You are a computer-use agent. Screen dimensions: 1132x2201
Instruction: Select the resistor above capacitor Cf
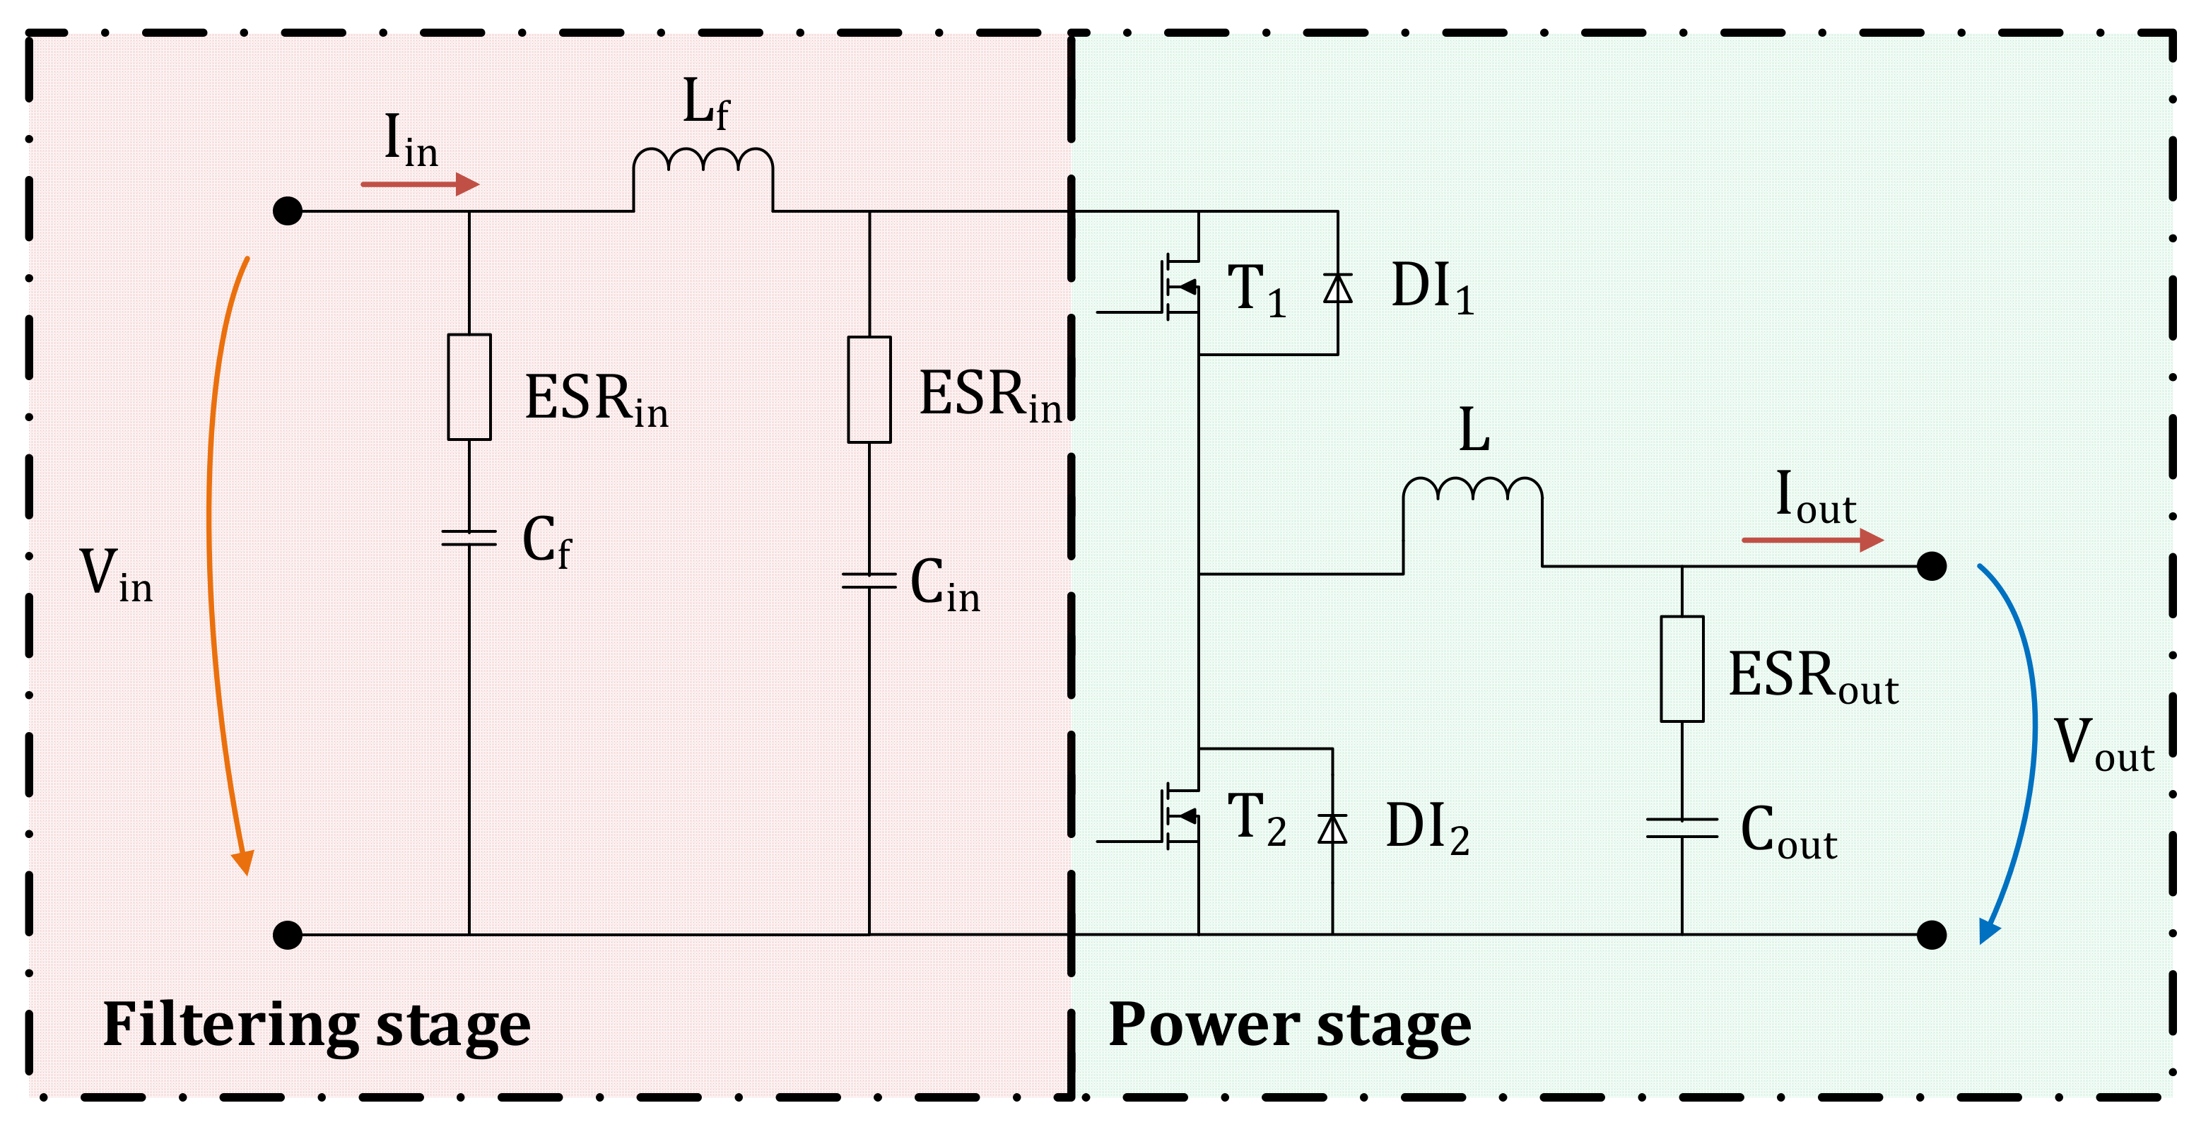point(469,387)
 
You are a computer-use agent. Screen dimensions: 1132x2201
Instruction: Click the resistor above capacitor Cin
point(869,389)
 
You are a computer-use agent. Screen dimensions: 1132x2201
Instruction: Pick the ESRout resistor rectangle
point(1681,669)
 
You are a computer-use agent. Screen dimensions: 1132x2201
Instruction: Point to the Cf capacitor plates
point(469,537)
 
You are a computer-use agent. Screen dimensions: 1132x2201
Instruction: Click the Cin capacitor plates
point(869,581)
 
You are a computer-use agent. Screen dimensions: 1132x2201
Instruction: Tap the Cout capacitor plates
point(1681,827)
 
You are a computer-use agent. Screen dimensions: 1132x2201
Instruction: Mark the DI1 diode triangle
point(1337,288)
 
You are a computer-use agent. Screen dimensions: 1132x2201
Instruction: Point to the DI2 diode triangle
point(1332,828)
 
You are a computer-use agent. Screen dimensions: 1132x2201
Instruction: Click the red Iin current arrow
point(418,184)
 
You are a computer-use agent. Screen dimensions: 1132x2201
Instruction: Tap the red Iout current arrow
point(1812,540)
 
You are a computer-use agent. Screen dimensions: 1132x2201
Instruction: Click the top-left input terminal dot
point(288,210)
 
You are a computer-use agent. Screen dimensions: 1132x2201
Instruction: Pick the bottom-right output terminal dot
point(1931,935)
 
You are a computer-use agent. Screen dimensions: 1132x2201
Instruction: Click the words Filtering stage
point(316,1025)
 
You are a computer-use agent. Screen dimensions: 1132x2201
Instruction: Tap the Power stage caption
point(1289,1025)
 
